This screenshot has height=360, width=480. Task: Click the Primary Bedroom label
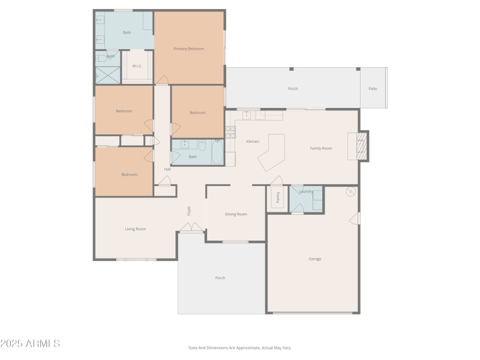(x=189, y=49)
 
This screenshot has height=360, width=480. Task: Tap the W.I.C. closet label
(x=137, y=66)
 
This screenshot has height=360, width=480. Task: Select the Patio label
(x=373, y=89)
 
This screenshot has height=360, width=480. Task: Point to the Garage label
(x=315, y=259)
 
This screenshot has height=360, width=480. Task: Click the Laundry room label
(x=306, y=191)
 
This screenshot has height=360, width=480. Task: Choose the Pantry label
(x=278, y=197)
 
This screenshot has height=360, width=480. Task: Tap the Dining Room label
(x=236, y=214)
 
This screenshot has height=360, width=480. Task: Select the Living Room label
(x=136, y=229)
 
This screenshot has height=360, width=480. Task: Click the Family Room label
(x=320, y=148)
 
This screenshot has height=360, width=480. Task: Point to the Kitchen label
(x=253, y=142)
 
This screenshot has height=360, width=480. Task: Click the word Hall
(x=167, y=169)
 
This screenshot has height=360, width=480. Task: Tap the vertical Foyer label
(x=188, y=211)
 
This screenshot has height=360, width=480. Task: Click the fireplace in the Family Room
(x=360, y=146)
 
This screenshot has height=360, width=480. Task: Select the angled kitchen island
(x=271, y=153)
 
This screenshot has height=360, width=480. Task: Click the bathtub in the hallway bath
(x=217, y=152)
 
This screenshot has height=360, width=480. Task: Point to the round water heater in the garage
(x=351, y=192)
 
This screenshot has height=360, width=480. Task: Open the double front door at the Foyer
(x=191, y=227)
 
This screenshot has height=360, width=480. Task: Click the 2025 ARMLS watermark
(x=30, y=344)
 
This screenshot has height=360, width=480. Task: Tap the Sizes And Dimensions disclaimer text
(x=239, y=347)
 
